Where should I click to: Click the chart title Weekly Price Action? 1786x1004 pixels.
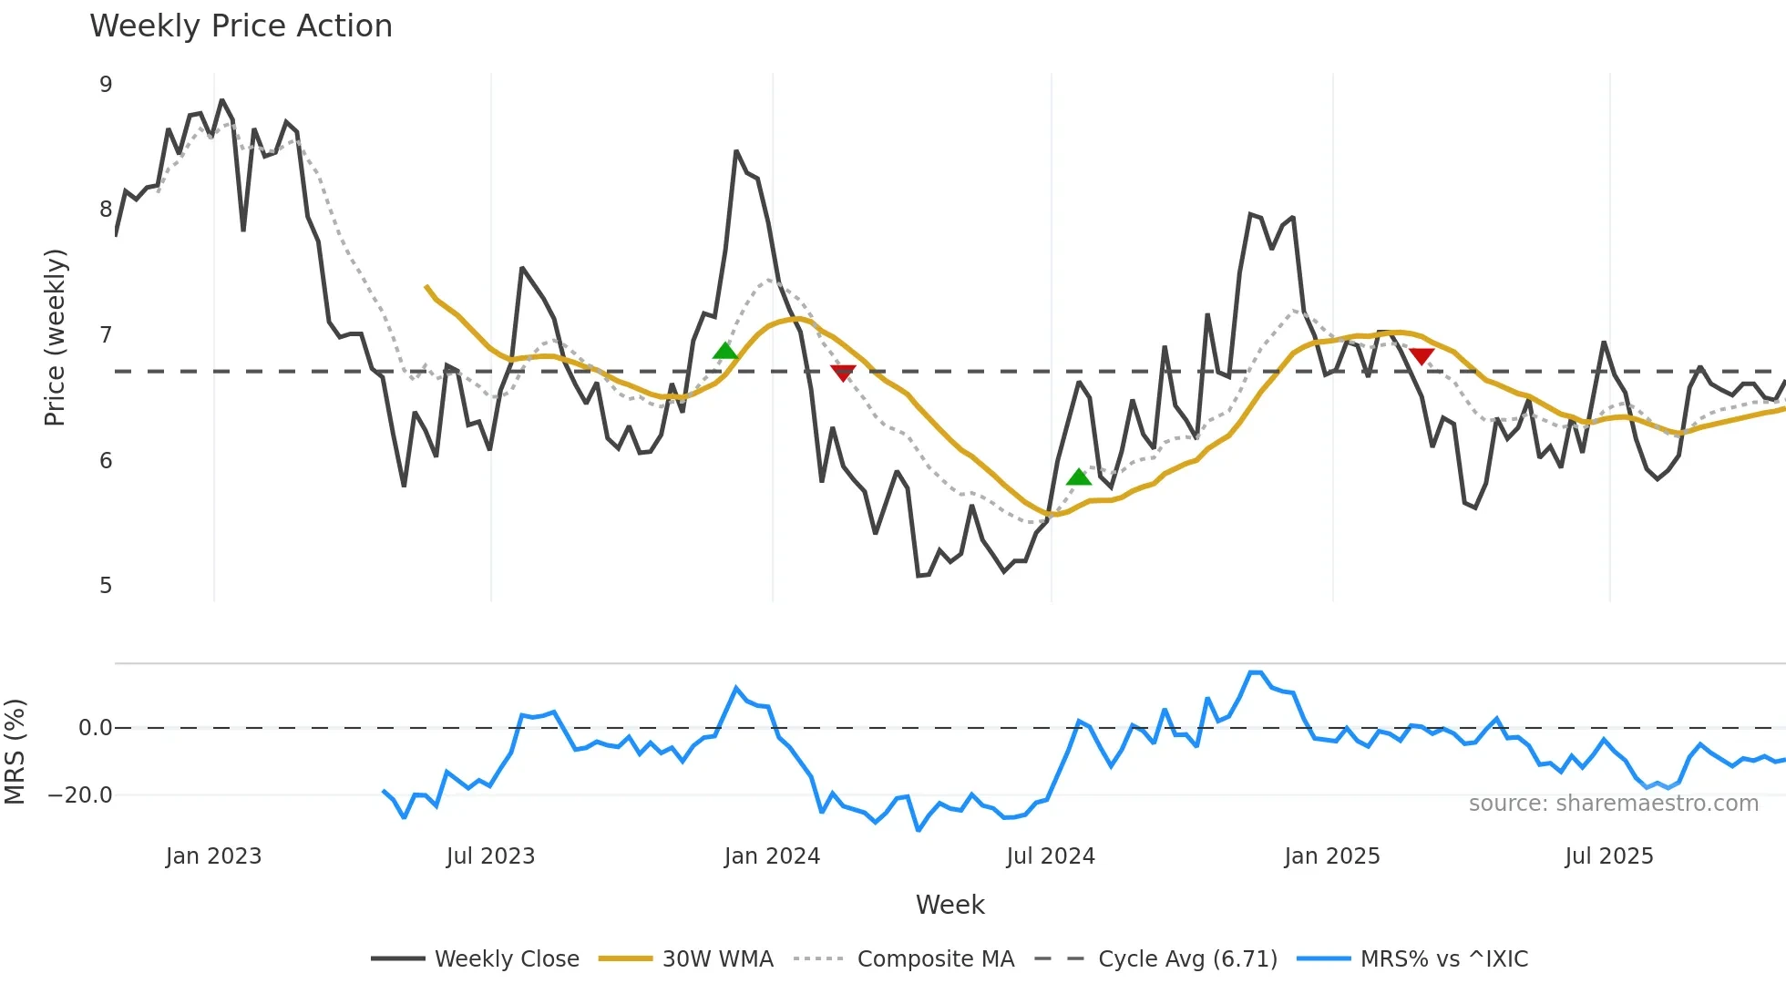coord(241,26)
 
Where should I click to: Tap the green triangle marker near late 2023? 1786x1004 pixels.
coord(725,351)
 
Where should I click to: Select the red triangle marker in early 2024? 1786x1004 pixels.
coord(843,373)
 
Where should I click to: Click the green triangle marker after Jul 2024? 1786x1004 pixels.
coord(1079,477)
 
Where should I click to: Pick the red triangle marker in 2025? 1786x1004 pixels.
coord(1422,356)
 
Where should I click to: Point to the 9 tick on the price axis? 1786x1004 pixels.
coord(106,85)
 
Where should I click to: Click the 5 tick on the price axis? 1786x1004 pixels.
coord(106,586)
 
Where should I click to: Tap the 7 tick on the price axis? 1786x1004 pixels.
coord(106,335)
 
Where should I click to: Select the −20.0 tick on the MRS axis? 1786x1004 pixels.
coord(80,795)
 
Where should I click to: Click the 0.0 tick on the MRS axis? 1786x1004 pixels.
coord(95,728)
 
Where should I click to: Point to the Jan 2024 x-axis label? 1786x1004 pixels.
coord(772,856)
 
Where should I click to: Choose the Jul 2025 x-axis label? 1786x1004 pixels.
coord(1608,856)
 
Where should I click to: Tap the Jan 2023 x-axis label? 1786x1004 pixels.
coord(213,856)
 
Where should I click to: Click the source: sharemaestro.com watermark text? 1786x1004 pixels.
coord(1613,804)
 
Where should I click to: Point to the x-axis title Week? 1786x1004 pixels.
coord(949,905)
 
